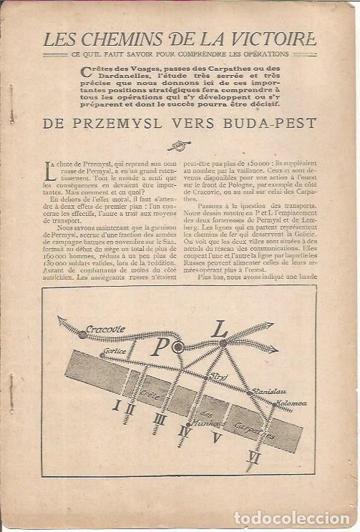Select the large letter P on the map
point(159,348)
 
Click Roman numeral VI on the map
point(253,456)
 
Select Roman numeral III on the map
point(160,420)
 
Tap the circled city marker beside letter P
point(178,346)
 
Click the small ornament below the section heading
point(179,145)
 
